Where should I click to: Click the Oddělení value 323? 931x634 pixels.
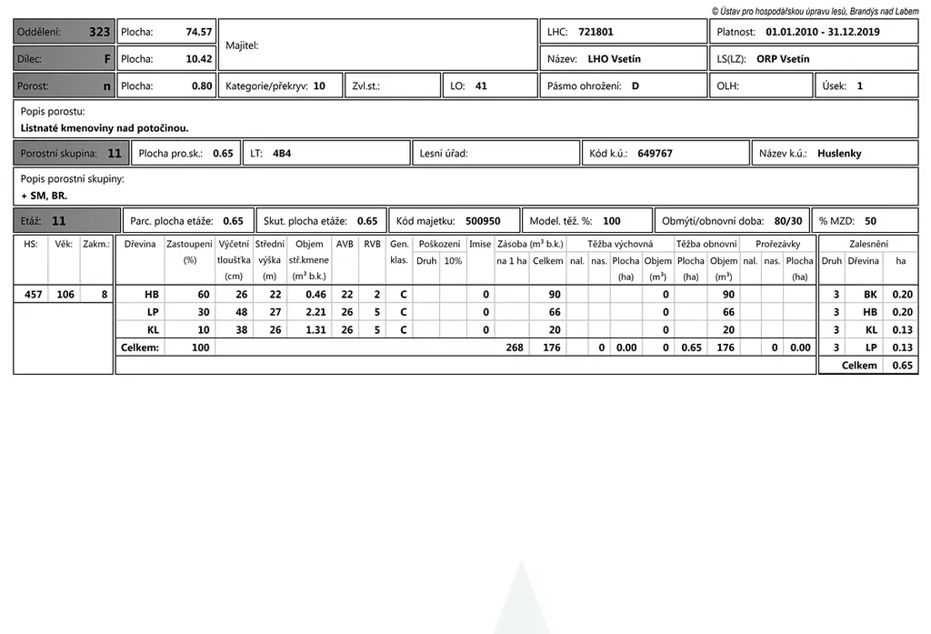pyautogui.click(x=99, y=32)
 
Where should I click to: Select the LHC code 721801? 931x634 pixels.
pyautogui.click(x=596, y=32)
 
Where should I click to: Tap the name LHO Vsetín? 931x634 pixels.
pyautogui.click(x=614, y=59)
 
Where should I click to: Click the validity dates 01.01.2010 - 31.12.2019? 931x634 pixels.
pyautogui.click(x=823, y=32)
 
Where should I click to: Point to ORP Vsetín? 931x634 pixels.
pyautogui.click(x=783, y=59)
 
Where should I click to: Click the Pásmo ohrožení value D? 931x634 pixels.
pyautogui.click(x=636, y=86)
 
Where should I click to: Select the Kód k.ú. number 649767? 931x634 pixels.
pyautogui.click(x=655, y=154)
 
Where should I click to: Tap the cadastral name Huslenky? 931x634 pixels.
pyautogui.click(x=839, y=154)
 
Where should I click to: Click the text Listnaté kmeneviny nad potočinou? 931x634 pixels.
pyautogui.click(x=105, y=128)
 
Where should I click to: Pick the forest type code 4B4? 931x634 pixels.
pyautogui.click(x=282, y=154)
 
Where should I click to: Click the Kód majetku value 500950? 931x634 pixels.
pyautogui.click(x=483, y=221)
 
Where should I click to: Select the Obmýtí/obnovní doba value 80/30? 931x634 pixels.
pyautogui.click(x=788, y=221)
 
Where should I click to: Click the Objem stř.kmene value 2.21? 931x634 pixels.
pyautogui.click(x=315, y=312)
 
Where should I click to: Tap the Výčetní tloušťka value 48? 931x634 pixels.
pyautogui.click(x=241, y=312)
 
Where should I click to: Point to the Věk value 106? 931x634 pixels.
pyautogui.click(x=65, y=295)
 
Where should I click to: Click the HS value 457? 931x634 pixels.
pyautogui.click(x=32, y=295)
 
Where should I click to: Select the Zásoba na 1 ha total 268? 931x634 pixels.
pyautogui.click(x=515, y=347)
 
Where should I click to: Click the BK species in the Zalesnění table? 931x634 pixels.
pyautogui.click(x=870, y=295)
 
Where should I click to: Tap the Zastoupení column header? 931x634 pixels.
pyautogui.click(x=189, y=245)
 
